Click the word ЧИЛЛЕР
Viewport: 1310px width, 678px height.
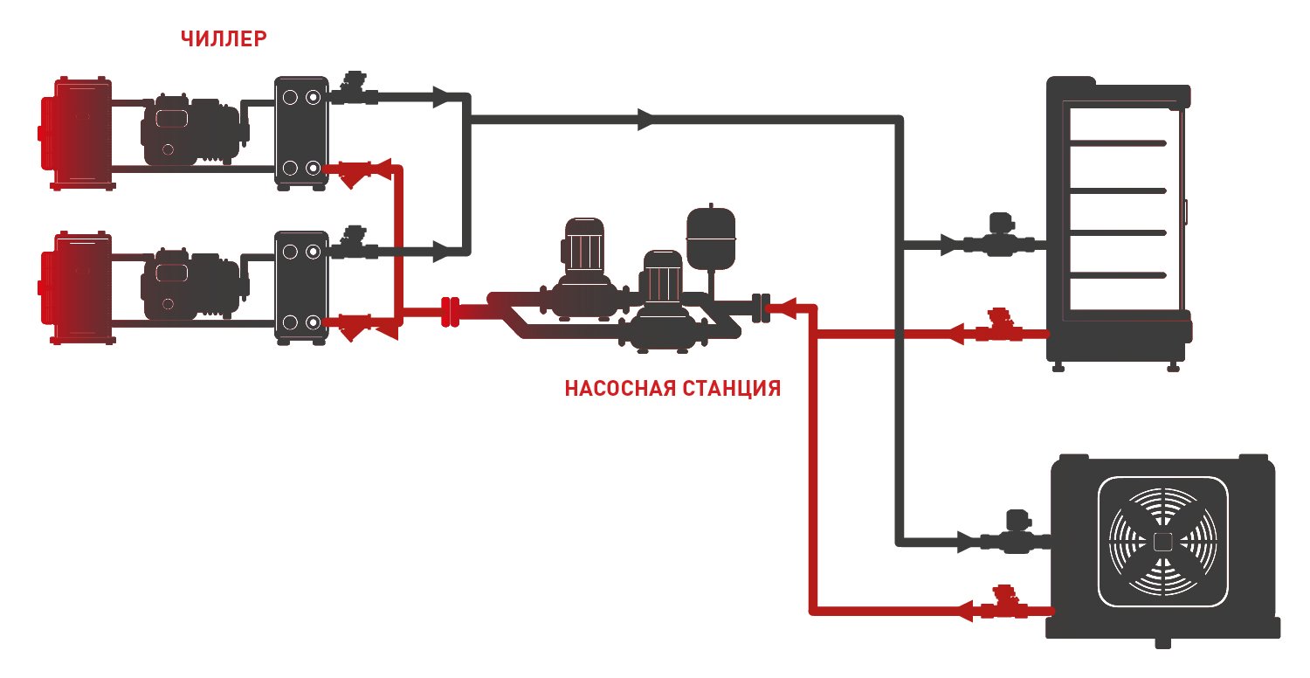[224, 38]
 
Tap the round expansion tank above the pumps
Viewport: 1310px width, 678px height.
[711, 236]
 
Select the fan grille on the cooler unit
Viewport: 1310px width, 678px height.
[1162, 542]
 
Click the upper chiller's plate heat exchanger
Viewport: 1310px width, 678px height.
[301, 133]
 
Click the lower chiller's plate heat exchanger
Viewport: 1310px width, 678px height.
[301, 287]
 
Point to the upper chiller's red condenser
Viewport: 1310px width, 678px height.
[76, 134]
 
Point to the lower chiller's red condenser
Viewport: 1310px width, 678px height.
[76, 287]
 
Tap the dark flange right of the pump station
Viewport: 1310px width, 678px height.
[761, 308]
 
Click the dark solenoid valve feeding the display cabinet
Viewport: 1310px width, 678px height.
[999, 235]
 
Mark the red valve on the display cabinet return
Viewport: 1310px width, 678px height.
[999, 326]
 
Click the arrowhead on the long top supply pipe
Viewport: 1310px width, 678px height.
[645, 120]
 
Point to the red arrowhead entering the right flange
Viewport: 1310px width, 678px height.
[788, 308]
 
